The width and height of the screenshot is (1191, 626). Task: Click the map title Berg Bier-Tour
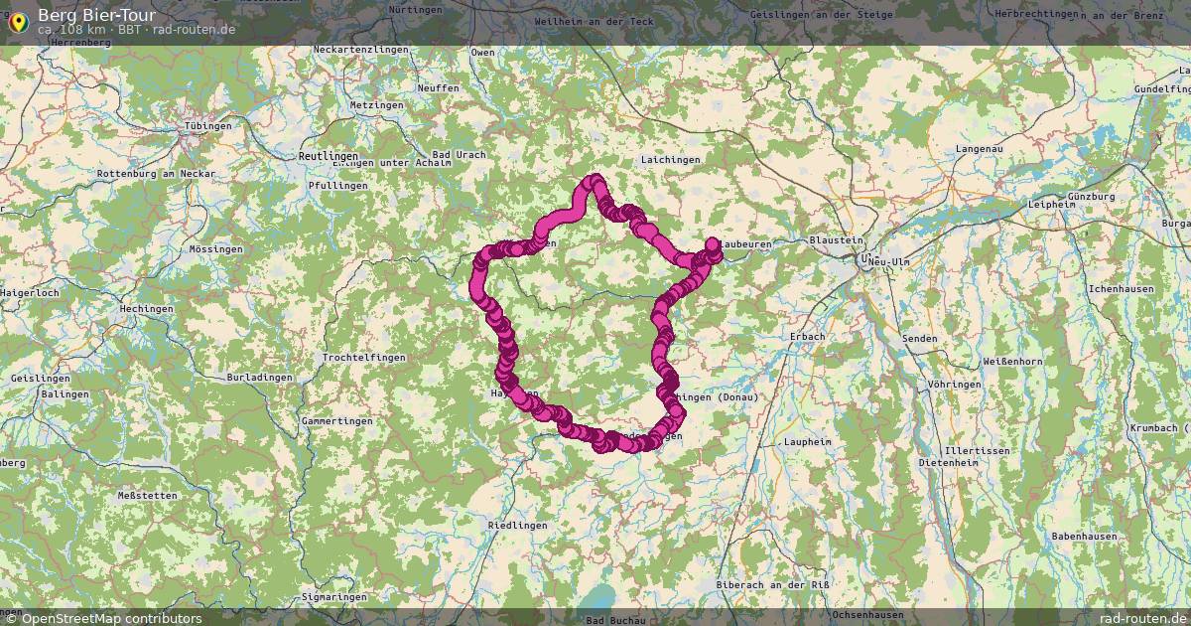click(95, 15)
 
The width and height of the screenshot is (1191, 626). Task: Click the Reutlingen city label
click(328, 157)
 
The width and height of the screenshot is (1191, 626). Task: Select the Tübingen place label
click(208, 126)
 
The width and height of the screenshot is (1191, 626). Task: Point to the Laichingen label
click(671, 159)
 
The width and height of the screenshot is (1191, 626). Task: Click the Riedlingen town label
click(517, 525)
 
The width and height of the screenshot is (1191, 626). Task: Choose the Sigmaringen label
click(333, 597)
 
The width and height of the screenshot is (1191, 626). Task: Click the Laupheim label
click(806, 440)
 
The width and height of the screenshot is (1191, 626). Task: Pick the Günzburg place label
click(1092, 197)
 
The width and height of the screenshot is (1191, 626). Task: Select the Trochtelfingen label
click(363, 357)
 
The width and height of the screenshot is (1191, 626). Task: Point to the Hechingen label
click(146, 309)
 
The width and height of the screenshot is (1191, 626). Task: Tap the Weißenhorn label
click(1011, 361)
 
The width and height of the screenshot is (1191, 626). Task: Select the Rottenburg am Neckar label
click(149, 174)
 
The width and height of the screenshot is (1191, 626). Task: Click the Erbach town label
click(807, 337)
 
